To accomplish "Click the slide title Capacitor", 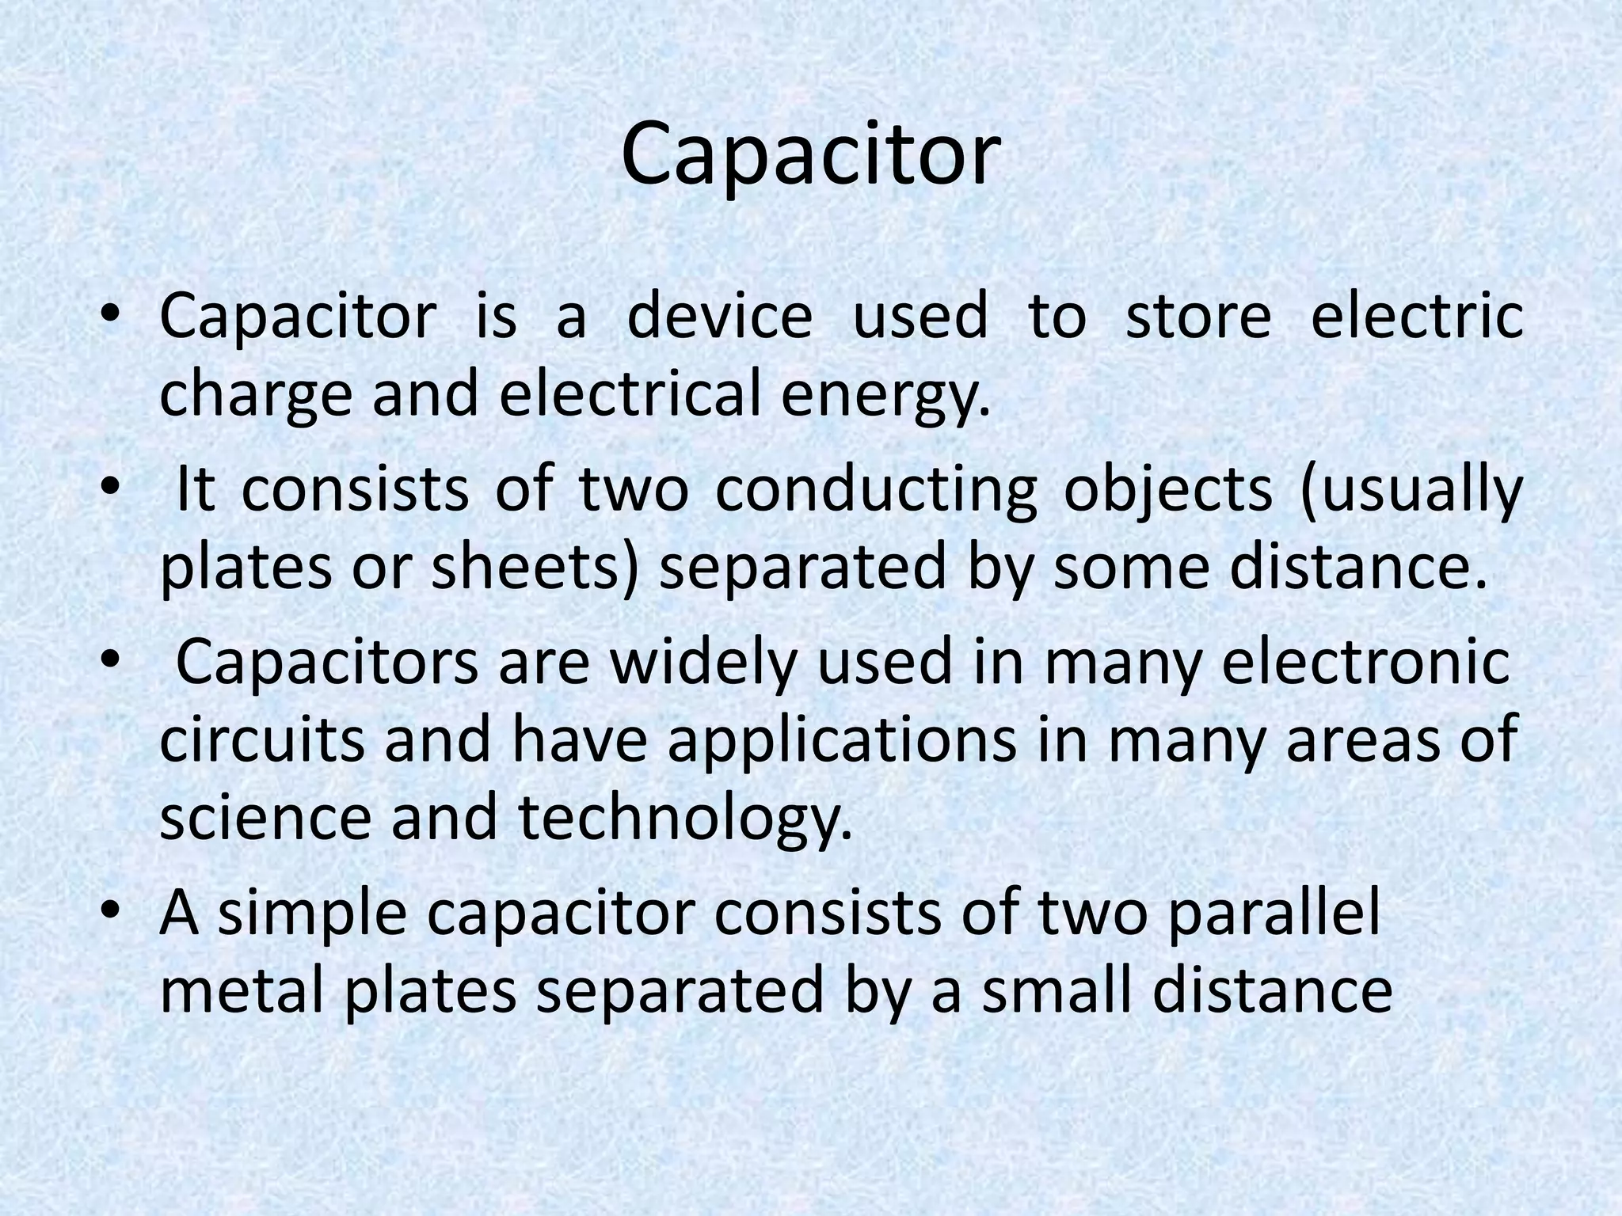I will pyautogui.click(x=810, y=155).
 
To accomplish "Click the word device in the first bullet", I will pyautogui.click(x=719, y=316).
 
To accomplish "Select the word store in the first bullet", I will pyautogui.click(x=1197, y=316).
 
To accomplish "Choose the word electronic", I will pyautogui.click(x=1365, y=663).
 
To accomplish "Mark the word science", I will pyautogui.click(x=265, y=819).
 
